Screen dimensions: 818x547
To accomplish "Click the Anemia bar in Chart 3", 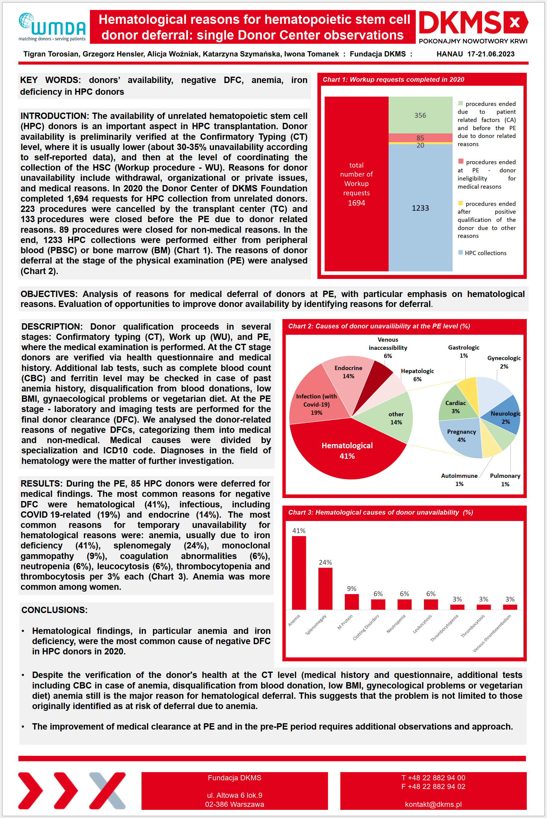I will pos(299,572).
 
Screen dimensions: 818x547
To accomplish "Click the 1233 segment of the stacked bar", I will pos(420,208).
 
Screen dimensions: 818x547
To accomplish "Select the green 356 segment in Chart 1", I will pos(420,115).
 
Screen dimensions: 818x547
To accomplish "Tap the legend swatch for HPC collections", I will pos(460,252).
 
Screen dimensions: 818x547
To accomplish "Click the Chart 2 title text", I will pos(379,326).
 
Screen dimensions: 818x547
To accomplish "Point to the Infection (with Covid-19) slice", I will pos(316,404).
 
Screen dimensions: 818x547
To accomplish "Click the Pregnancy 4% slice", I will pos(461,436).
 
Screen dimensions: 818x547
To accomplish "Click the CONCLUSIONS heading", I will pos(54,610).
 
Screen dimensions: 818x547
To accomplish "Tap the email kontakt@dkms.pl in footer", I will pos(433,804).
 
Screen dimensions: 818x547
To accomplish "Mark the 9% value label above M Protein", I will pos(352,589).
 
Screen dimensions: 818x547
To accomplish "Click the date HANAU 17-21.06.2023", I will pos(475,54).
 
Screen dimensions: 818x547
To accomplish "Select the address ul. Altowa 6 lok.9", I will pos(234,795).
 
